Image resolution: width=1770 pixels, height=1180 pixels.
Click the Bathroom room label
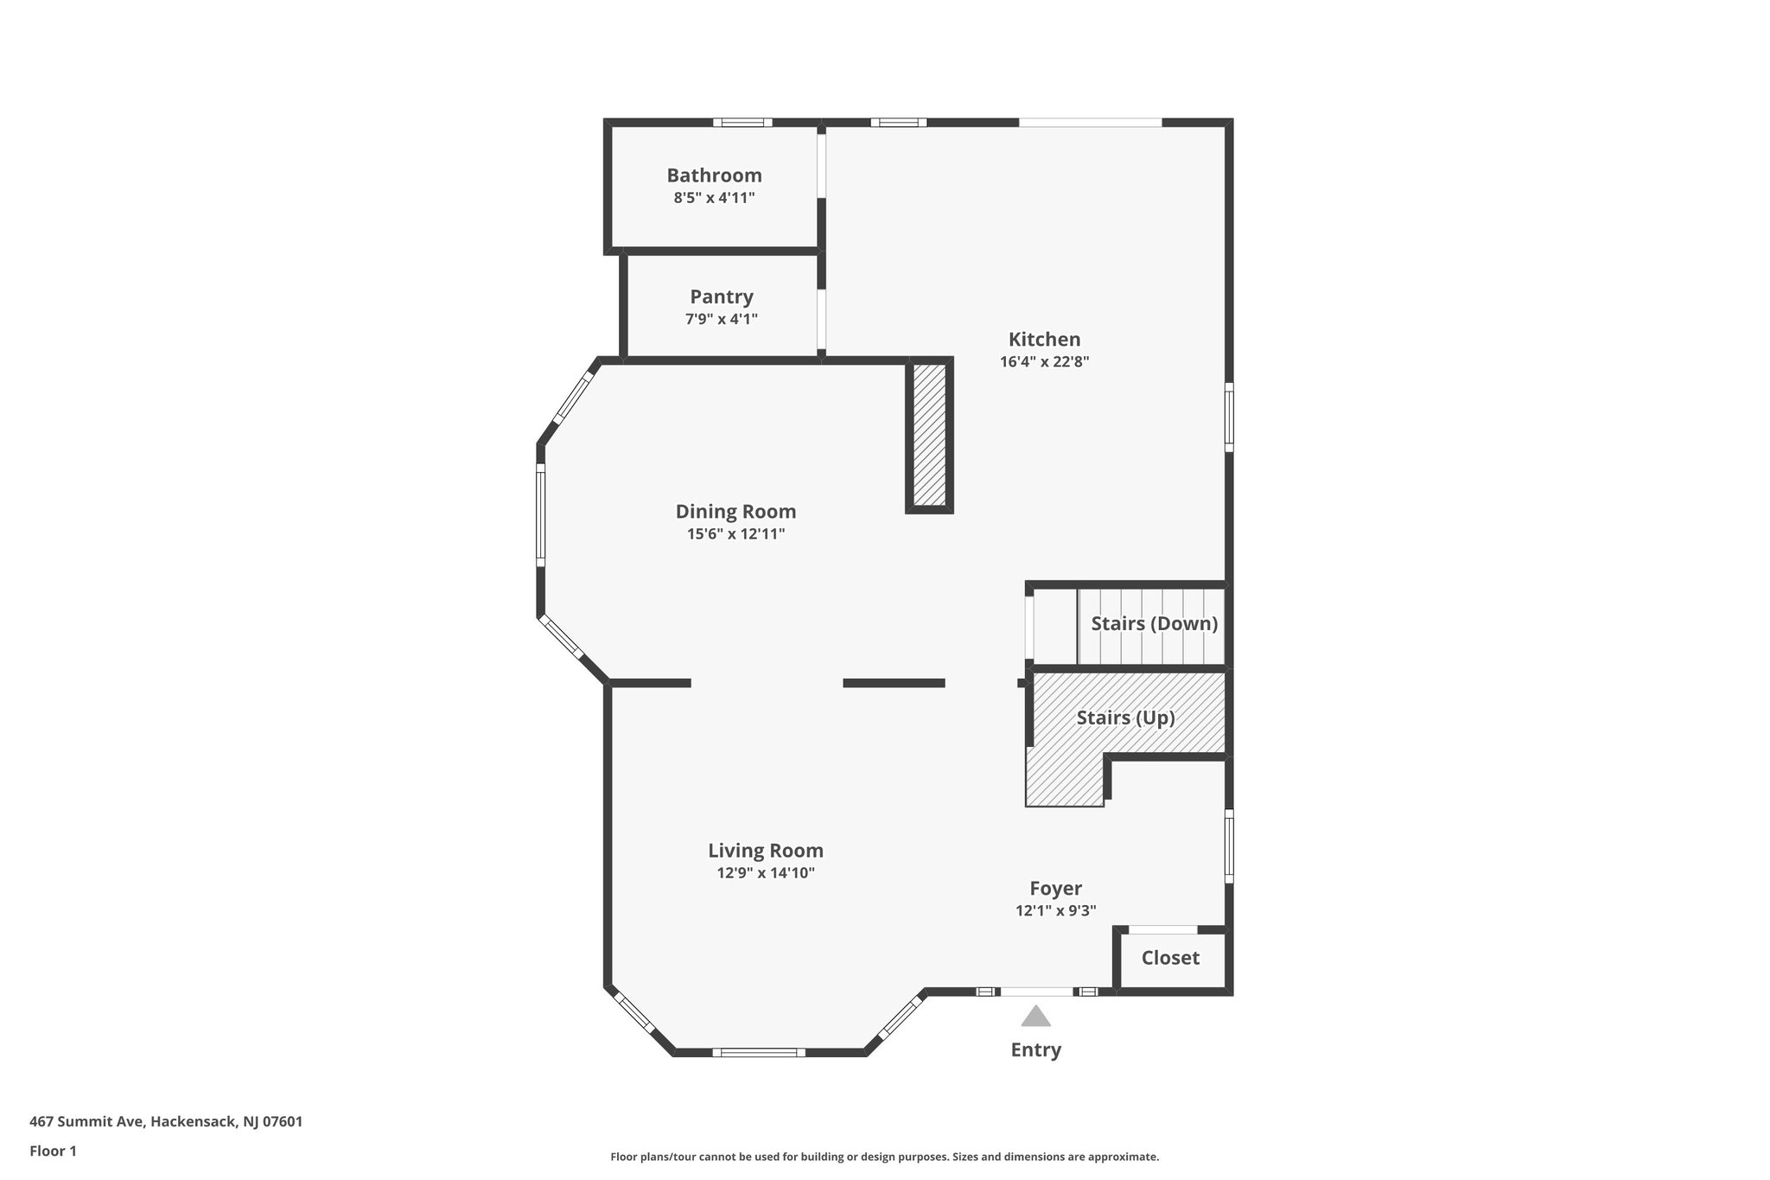(x=714, y=175)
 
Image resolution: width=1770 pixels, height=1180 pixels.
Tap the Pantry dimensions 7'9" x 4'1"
(x=721, y=319)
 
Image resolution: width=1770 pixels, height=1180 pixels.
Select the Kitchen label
(x=1044, y=340)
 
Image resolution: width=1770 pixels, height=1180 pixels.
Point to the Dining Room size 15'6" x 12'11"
(x=735, y=534)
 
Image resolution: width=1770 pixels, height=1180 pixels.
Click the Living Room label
(x=765, y=851)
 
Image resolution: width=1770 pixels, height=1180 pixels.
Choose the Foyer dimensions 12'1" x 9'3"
(x=1055, y=910)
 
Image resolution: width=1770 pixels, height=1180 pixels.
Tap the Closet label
(x=1169, y=958)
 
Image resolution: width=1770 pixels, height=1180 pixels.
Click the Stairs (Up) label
(x=1125, y=718)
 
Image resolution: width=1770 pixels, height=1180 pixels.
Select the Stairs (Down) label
(x=1154, y=623)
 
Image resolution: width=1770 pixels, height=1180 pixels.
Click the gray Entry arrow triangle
(x=1035, y=1017)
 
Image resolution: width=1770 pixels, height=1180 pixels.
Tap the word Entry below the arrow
(x=1035, y=1049)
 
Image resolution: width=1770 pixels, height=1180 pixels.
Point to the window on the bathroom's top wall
(x=742, y=123)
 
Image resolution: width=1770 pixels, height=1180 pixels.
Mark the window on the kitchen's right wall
(x=1229, y=417)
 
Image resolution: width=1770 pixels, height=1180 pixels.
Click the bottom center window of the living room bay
(x=759, y=1052)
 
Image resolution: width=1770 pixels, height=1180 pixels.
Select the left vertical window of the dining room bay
(x=541, y=515)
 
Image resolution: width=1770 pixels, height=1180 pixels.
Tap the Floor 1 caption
(x=53, y=1151)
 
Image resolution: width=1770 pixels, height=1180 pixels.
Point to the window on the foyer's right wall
(x=1229, y=845)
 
